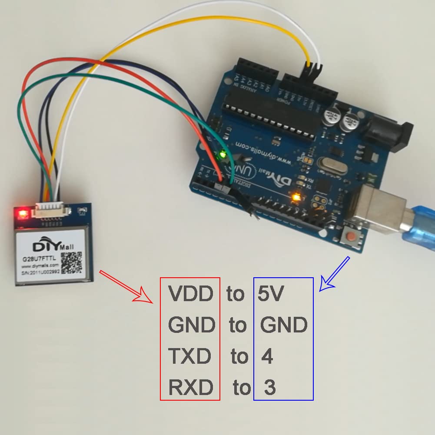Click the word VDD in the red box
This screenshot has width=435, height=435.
pyautogui.click(x=191, y=294)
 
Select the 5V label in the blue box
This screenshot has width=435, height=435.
pyautogui.click(x=270, y=294)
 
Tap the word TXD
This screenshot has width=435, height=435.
pyautogui.click(x=190, y=357)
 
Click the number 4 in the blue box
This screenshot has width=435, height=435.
pyautogui.click(x=267, y=357)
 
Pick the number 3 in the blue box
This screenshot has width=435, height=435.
pyautogui.click(x=269, y=388)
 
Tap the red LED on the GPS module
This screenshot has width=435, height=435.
pyautogui.click(x=22, y=213)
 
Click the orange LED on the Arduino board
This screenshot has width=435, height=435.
pyautogui.click(x=297, y=198)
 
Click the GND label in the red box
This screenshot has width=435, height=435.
pyautogui.click(x=192, y=325)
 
